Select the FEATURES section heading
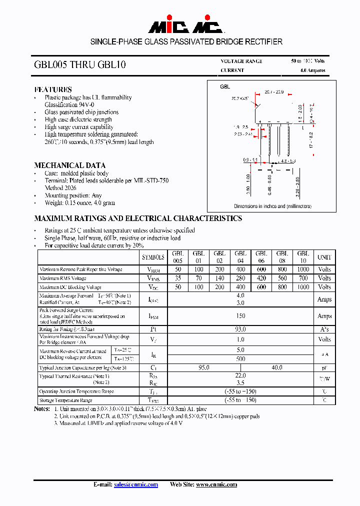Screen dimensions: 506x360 53,89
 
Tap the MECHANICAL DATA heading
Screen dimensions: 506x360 69,165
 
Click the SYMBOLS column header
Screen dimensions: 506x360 153,257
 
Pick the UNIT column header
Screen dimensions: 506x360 324,257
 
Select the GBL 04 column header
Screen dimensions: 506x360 240,257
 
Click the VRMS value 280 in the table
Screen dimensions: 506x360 240,278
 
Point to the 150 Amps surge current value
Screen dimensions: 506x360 240,316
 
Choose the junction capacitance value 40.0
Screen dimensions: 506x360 277,367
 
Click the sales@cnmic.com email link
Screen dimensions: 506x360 135,484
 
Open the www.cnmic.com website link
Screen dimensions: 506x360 216,484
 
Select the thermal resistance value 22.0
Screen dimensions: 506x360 240,375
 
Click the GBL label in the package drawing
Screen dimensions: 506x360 225,87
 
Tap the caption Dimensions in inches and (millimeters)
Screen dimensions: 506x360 272,206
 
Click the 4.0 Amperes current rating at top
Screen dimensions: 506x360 312,70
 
